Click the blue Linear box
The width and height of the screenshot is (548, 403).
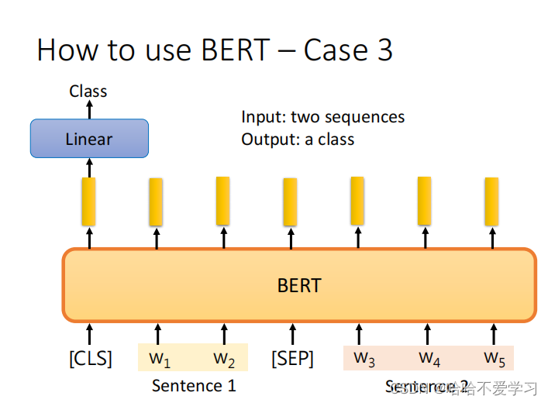point(89,139)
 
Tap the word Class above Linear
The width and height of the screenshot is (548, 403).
point(88,91)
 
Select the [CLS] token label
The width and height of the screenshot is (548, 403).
point(90,359)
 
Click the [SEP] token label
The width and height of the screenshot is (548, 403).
point(292,359)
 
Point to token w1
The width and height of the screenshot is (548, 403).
point(160,359)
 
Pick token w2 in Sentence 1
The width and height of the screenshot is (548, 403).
point(225,359)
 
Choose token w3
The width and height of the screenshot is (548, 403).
point(364,358)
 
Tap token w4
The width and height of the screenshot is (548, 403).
point(429,358)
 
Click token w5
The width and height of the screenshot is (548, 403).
point(495,358)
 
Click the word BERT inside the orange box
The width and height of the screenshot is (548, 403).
point(299,285)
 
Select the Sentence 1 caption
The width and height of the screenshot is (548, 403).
point(194,385)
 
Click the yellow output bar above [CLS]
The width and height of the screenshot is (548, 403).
point(89,201)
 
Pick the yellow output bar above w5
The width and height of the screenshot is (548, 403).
point(491,201)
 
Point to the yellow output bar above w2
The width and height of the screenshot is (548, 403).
point(222,201)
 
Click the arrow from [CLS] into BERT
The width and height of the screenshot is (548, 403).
point(89,334)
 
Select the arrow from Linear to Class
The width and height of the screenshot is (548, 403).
point(89,110)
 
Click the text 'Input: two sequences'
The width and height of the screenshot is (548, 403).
point(322,117)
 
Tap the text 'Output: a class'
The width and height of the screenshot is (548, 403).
point(298,139)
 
